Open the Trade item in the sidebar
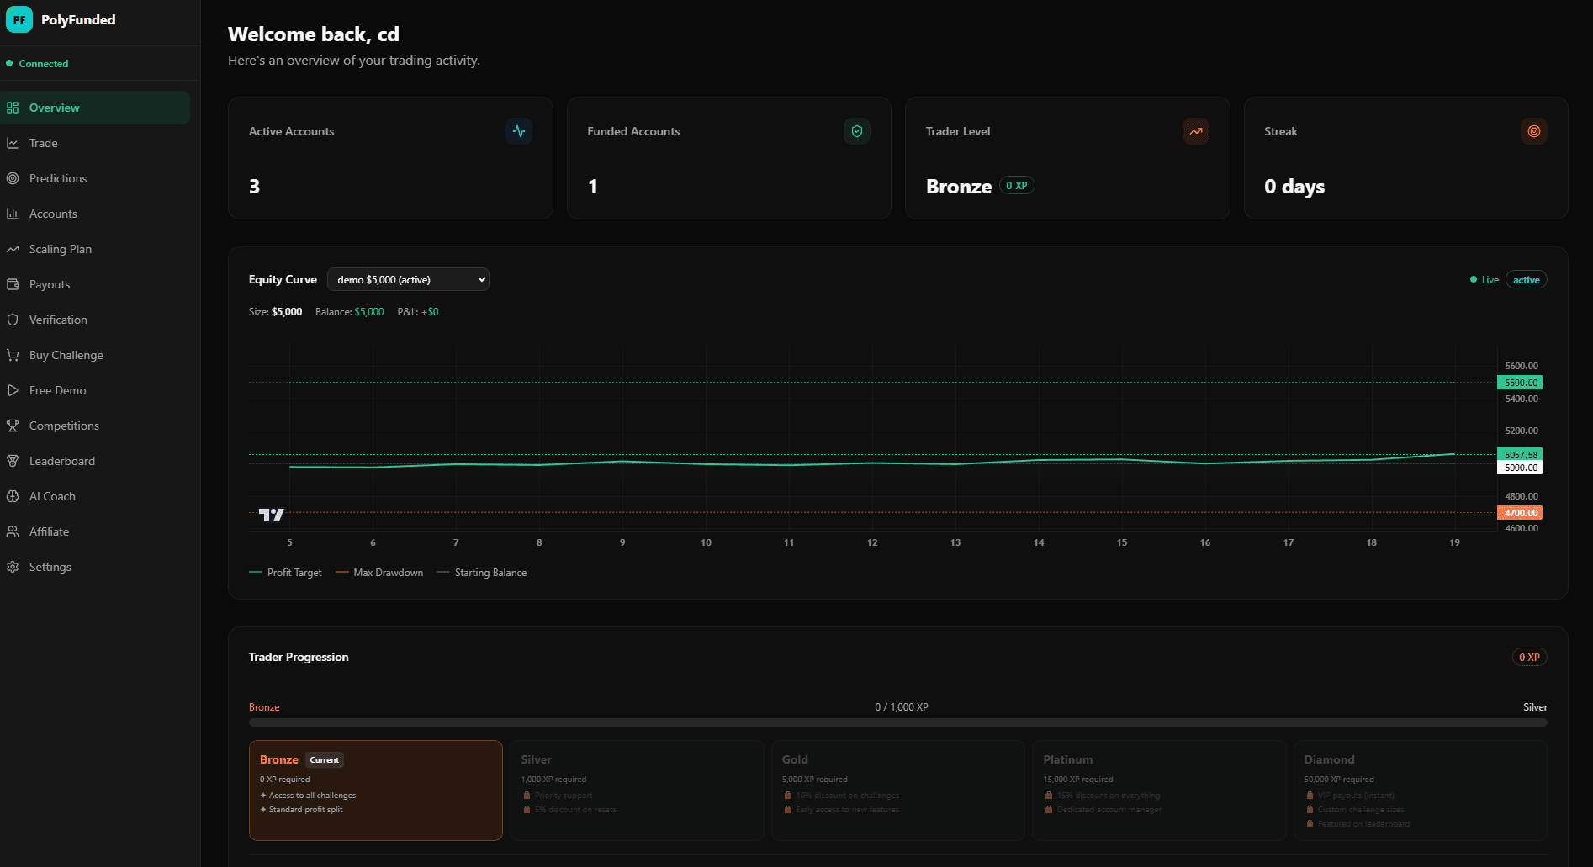(43, 143)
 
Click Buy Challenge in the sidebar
(66, 355)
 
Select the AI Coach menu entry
(52, 496)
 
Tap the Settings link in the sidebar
(50, 567)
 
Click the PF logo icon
(19, 19)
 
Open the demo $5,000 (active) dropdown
(408, 279)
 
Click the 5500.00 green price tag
(1520, 383)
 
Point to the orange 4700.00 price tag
(1520, 513)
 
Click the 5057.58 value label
(1520, 455)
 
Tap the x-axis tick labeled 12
(872, 542)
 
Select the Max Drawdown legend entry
(388, 573)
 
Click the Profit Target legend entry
(294, 573)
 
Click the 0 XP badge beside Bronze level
(1016, 186)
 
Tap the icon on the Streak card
(1533, 131)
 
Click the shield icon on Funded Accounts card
(856, 131)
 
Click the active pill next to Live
(1526, 280)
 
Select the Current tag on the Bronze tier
(324, 760)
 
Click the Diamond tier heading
(1329, 759)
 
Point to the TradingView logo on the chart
(271, 515)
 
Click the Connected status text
(44, 64)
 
